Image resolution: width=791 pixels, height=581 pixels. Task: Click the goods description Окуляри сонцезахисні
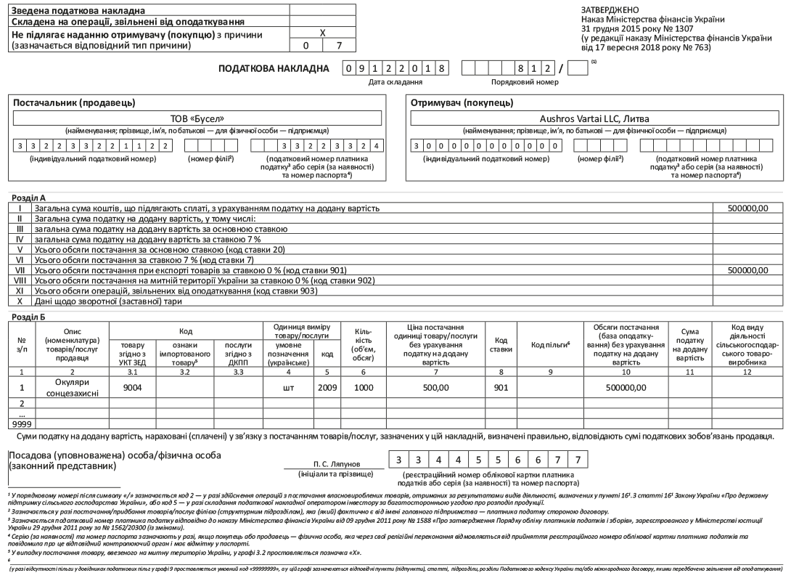(x=73, y=387)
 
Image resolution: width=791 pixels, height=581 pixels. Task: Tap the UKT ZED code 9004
(x=131, y=387)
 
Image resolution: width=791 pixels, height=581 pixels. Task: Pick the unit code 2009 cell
(x=327, y=387)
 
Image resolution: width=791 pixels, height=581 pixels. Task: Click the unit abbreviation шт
(x=288, y=387)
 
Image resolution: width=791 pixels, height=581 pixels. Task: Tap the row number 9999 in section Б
(x=21, y=423)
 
